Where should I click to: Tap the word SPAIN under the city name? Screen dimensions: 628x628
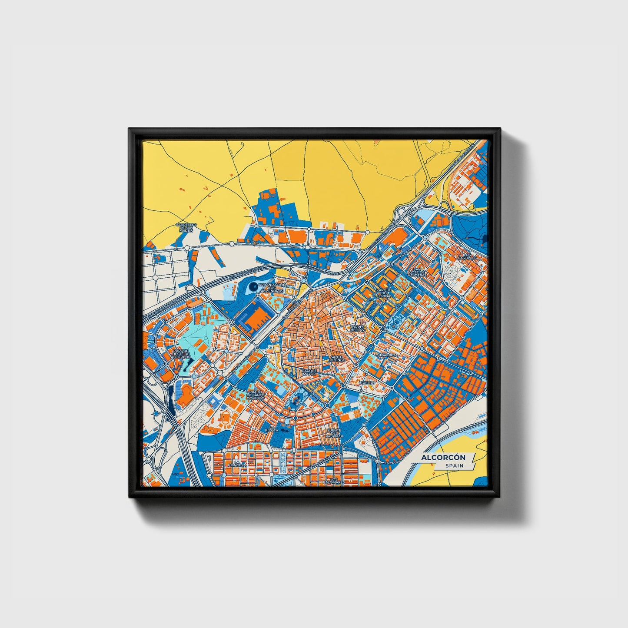point(454,466)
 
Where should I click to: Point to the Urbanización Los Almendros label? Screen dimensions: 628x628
point(272,288)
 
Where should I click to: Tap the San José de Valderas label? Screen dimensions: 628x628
point(418,272)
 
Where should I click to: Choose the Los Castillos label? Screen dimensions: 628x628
point(467,256)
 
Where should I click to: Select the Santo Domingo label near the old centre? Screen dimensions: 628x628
point(337,358)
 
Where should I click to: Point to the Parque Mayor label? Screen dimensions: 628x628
point(310,372)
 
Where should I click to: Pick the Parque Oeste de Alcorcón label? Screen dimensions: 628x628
point(181,353)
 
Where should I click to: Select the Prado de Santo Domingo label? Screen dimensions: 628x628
point(256,395)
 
